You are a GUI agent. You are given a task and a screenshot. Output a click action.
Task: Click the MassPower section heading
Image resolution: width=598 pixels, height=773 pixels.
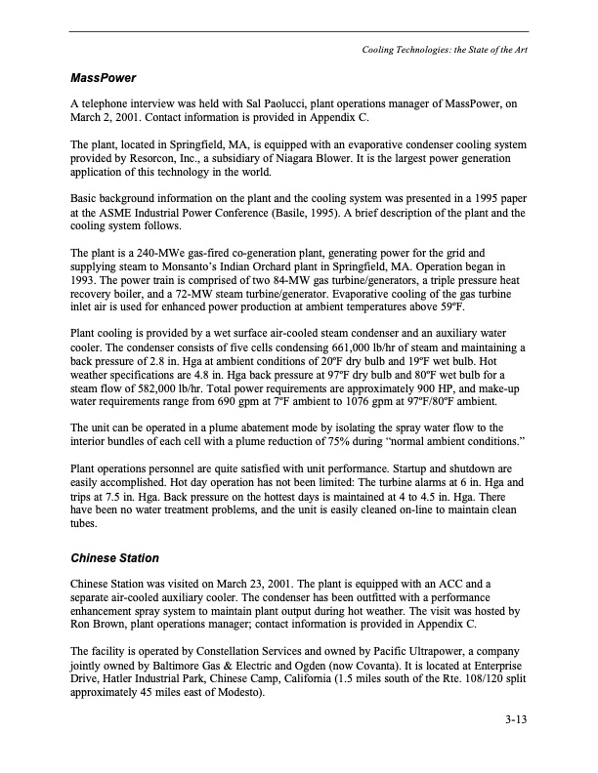pos(103,76)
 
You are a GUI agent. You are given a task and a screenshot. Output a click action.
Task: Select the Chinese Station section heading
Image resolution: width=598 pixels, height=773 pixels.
pos(114,559)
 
